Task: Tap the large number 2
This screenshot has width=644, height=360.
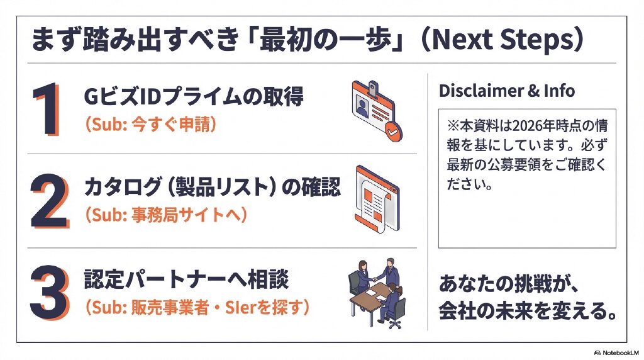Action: [x=48, y=200]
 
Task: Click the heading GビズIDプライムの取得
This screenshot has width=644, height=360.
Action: [x=194, y=97]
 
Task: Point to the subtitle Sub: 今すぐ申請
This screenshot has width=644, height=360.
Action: [x=150, y=124]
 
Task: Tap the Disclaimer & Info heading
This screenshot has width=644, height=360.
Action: [x=506, y=91]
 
